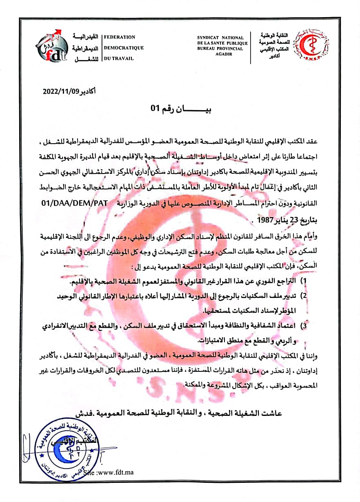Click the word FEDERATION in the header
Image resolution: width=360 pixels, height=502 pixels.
point(120,37)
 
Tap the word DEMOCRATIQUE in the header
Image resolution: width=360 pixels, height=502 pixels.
point(124,48)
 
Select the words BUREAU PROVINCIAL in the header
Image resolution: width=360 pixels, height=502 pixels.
point(220,49)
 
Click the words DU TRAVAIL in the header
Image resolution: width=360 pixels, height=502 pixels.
point(119,58)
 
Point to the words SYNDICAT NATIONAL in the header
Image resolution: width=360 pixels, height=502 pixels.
point(220,38)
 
